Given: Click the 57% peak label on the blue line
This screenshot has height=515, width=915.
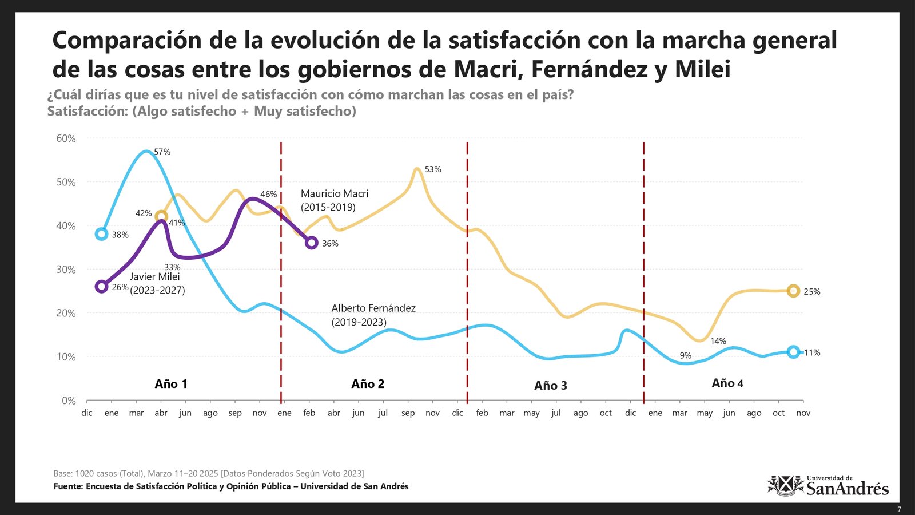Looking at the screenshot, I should [x=162, y=152].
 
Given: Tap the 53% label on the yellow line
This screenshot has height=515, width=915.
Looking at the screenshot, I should [x=433, y=169].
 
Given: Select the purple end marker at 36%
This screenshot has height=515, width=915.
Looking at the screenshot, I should [x=311, y=243].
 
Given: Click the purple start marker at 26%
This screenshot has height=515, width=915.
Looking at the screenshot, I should [x=101, y=286].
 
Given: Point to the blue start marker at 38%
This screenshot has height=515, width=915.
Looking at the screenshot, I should [x=101, y=233].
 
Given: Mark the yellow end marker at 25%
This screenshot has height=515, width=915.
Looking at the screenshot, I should [x=793, y=291].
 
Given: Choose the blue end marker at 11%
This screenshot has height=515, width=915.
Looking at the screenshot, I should [x=793, y=352].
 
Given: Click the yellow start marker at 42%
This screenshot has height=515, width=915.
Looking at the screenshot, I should [x=161, y=216].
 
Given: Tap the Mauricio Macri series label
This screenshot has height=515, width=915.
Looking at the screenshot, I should [x=335, y=200].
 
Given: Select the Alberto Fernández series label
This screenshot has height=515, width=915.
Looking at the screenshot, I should [x=373, y=315].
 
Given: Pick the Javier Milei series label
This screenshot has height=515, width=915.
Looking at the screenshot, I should [x=156, y=283].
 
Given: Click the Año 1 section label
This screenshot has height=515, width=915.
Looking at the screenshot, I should [x=171, y=384].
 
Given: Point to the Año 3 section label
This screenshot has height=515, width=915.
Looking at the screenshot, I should [x=550, y=386].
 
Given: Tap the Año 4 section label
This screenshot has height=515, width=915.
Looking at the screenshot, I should [x=727, y=383].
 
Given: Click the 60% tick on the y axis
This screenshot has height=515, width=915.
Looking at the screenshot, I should [x=66, y=138].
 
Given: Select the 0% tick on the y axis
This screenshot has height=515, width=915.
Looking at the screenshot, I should [x=69, y=401].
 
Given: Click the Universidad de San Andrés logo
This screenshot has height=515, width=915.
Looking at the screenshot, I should [x=828, y=486].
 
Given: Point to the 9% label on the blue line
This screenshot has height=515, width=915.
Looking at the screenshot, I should [x=685, y=356].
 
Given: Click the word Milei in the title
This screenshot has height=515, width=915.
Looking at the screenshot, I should [x=702, y=69].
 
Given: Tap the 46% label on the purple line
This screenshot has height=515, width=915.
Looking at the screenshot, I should [x=268, y=195].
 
